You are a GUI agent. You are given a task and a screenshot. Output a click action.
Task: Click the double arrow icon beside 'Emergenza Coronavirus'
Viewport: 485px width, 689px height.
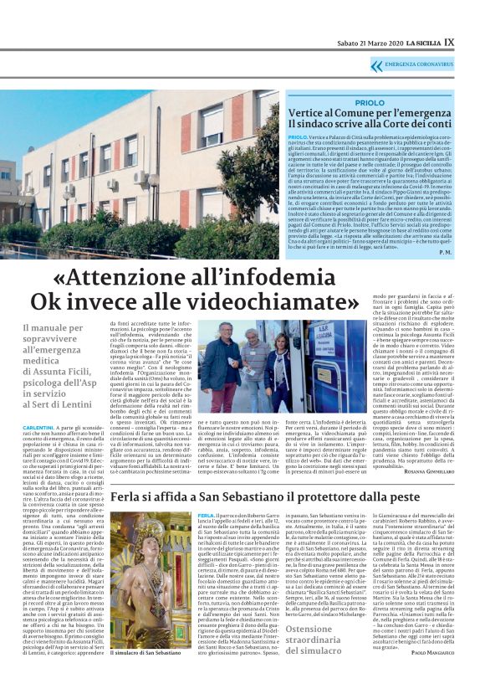coord(377,64)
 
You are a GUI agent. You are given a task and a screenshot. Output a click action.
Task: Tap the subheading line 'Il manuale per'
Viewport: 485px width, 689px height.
coord(53,329)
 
